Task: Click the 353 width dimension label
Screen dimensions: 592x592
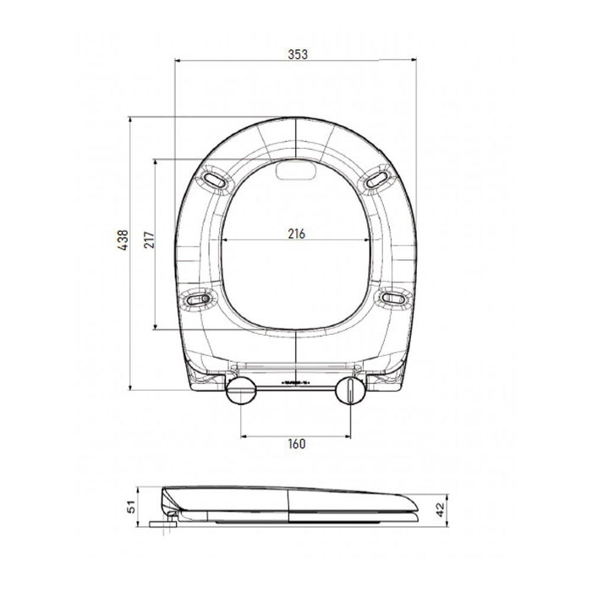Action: click(296, 52)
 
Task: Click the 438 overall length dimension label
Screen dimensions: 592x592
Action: click(122, 247)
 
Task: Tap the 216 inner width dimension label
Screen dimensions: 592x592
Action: click(296, 233)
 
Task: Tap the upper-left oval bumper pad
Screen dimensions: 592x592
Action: click(216, 179)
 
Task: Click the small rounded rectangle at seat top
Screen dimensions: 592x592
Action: click(296, 172)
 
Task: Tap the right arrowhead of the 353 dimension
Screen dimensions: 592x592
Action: click(415, 61)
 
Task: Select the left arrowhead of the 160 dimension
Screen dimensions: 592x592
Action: click(245, 436)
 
